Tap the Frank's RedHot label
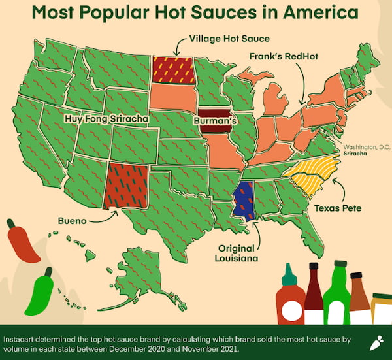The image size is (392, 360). [284, 56]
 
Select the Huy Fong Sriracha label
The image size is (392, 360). [106, 120]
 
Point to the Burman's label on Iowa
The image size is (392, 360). [215, 121]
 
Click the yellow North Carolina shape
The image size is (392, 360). [312, 174]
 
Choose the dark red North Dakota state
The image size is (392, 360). [172, 70]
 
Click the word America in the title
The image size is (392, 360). [314, 14]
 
